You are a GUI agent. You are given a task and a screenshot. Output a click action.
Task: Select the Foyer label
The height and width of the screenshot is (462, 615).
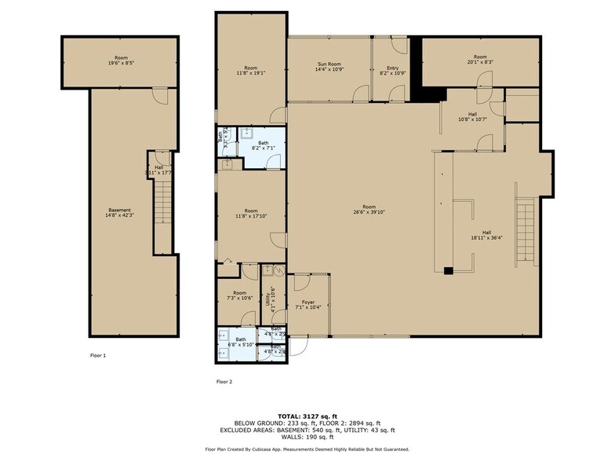point(308,302)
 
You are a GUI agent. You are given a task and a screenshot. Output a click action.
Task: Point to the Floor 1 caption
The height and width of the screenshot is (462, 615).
point(98,356)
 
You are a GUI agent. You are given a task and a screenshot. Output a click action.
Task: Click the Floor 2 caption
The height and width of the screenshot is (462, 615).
point(224,382)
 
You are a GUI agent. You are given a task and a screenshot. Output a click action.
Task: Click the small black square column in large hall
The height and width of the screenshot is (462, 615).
point(448,271)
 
